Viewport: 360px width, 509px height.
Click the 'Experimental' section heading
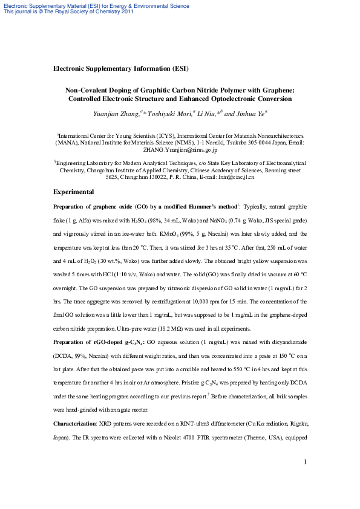[x=73, y=192]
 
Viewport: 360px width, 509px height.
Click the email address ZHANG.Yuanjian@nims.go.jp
[x=180, y=150]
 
